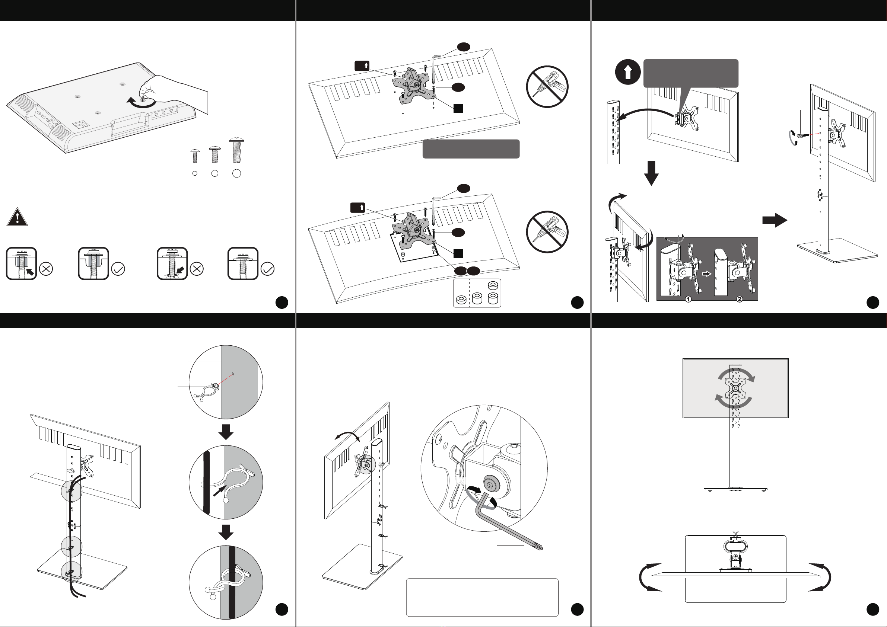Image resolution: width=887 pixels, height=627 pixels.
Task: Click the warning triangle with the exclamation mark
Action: [x=17, y=217]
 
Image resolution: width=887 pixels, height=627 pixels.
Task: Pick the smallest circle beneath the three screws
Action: [x=195, y=173]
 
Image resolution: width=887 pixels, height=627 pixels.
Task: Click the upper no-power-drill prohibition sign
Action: [x=547, y=86]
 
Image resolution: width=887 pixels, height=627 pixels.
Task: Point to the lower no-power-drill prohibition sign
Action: [x=547, y=232]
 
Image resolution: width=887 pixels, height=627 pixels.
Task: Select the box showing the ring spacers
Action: [x=477, y=293]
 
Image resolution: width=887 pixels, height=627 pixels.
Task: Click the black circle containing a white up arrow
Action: [x=628, y=72]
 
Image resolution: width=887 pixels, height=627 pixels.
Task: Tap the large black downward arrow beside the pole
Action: [x=651, y=173]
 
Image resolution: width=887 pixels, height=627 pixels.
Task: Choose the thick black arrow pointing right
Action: [x=774, y=220]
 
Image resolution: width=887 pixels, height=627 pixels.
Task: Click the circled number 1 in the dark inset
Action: [x=688, y=299]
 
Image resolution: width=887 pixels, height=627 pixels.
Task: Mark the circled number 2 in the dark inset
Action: [x=740, y=299]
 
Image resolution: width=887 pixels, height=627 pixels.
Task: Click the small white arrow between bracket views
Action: [x=706, y=274]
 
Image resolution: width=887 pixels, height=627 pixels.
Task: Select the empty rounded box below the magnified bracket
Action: [x=482, y=597]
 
